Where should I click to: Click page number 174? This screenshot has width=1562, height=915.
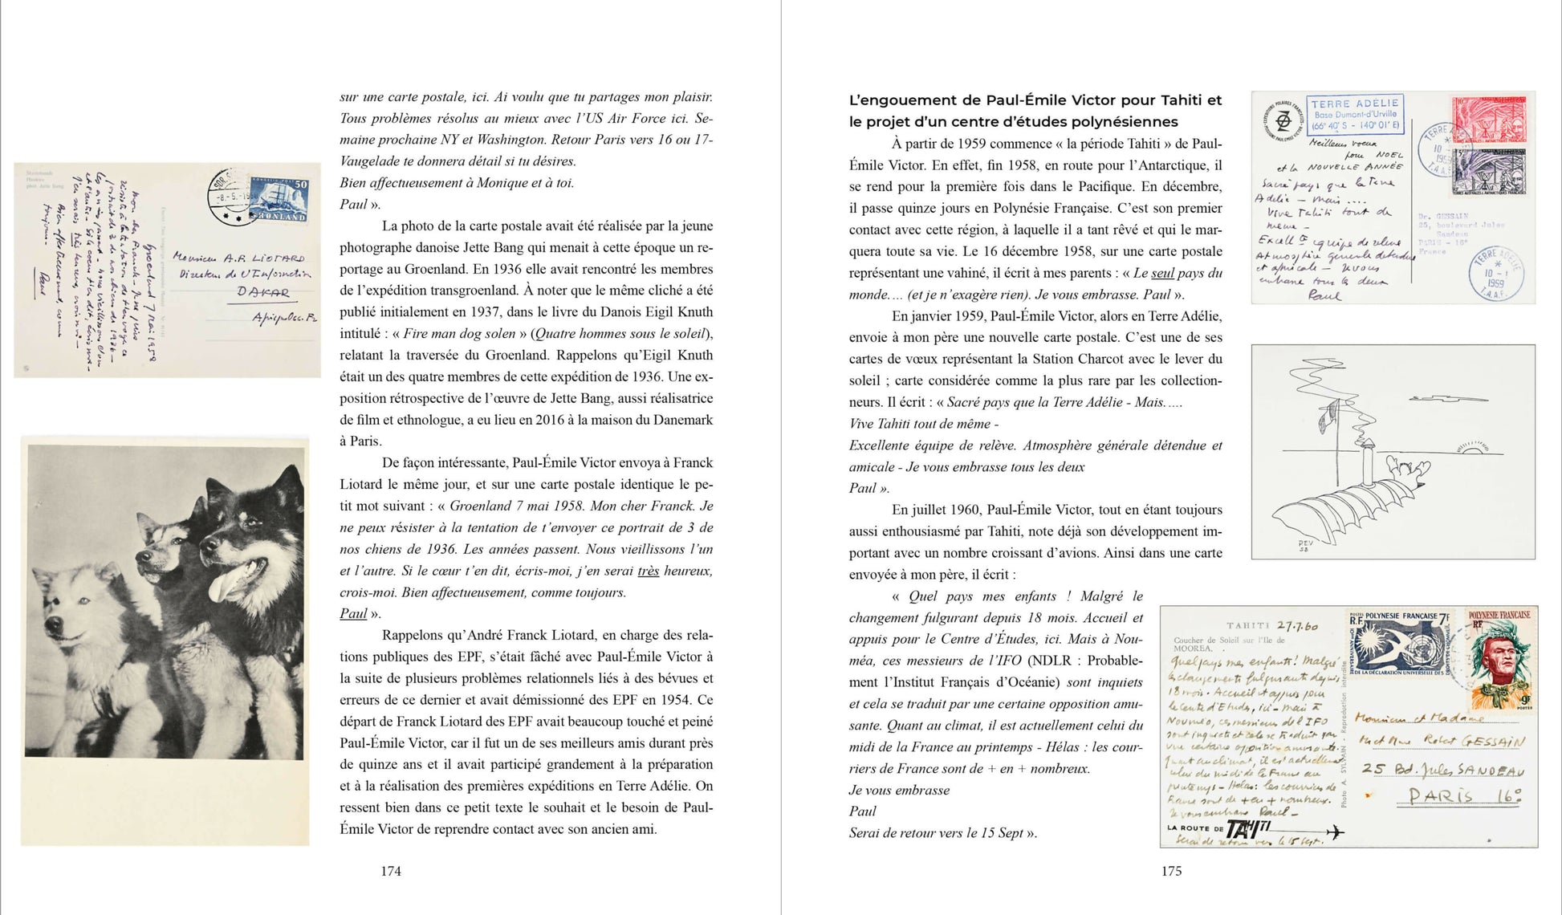coord(391,871)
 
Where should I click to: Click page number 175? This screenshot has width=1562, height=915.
coord(1171,871)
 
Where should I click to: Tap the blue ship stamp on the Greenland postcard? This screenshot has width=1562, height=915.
coord(278,199)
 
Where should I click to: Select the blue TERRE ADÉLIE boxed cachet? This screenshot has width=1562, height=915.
coord(1355,114)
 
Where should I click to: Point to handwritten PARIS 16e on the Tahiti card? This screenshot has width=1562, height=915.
coord(1464,796)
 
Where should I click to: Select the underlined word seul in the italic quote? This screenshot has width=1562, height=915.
coord(1162,273)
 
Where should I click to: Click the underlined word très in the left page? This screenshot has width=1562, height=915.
coord(648,571)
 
